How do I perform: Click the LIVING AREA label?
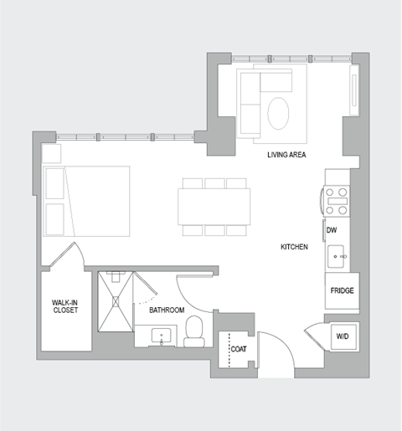[286, 156]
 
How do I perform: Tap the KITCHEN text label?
[295, 247]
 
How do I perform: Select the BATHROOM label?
[167, 310]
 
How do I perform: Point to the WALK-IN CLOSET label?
[64, 306]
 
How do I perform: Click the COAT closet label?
[237, 351]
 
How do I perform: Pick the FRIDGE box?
[342, 291]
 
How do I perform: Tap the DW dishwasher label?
[332, 228]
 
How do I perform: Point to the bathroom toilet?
[193, 330]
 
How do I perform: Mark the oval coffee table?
[280, 112]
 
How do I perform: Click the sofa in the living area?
[251, 98]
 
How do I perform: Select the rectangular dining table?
[214, 206]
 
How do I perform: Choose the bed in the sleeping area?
[88, 201]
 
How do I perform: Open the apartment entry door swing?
[276, 351]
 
